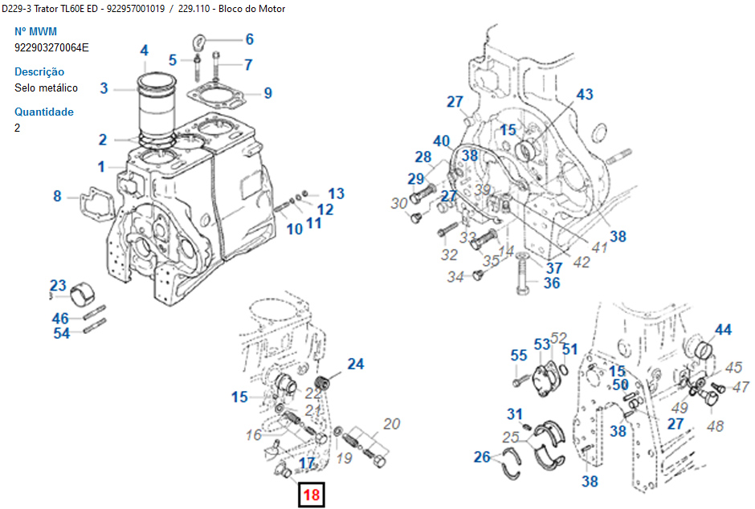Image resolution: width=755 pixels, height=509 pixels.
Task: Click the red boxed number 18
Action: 311,495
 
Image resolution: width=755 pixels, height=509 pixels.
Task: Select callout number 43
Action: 584,95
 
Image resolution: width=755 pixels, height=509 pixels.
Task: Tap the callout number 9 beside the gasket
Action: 267,93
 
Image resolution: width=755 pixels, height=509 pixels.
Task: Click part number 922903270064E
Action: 51,47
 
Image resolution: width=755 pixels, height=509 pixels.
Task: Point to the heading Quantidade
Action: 44,112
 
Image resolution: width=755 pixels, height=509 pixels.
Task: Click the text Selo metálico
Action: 46,88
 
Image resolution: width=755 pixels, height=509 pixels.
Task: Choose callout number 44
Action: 723,330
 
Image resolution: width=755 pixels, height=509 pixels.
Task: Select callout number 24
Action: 355,364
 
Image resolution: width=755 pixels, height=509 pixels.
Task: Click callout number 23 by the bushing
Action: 58,285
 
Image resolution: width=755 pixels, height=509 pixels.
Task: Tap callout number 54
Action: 61,333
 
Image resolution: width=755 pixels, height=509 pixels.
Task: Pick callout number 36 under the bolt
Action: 551,283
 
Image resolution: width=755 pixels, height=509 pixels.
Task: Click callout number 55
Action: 519,356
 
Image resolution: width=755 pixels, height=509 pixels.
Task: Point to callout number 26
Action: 482,458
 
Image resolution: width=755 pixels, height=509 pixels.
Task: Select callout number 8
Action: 57,196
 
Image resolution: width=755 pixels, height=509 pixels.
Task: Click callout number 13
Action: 336,193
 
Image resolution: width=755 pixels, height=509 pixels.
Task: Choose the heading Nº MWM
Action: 36,31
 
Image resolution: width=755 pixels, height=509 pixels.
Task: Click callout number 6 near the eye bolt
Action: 249,39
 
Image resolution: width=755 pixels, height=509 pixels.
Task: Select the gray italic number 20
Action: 391,423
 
